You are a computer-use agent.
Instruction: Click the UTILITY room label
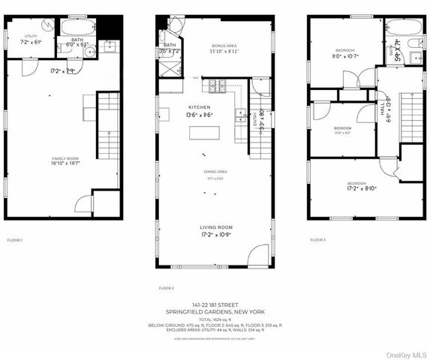coord(31,36)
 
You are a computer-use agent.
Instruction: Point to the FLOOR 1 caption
coord(15,240)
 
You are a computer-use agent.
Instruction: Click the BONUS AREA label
coord(224,46)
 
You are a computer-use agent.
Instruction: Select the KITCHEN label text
coord(178,108)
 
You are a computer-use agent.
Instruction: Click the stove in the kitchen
coord(218,85)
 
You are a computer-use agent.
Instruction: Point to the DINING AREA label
coord(216,172)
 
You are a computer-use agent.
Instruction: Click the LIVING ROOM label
coord(215,227)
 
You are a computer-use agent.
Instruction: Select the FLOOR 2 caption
coord(166,288)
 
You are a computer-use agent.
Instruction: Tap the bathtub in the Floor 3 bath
coord(404,28)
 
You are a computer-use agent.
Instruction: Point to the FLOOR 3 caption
coord(318,240)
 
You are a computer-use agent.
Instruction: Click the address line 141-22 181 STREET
coord(215,304)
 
